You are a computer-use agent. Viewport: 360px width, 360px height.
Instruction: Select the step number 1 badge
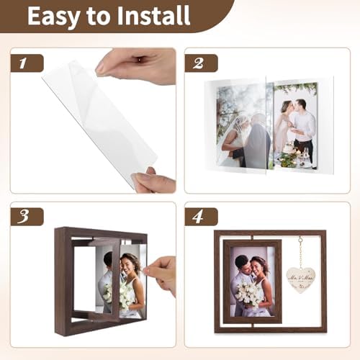pyautogui.click(x=23, y=63)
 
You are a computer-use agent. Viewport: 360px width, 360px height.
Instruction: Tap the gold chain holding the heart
pyautogui.click(x=300, y=251)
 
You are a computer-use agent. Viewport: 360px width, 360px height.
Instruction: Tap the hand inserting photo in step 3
pyautogui.click(x=163, y=273)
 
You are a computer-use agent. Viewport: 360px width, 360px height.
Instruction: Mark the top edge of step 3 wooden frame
pyautogui.click(x=101, y=232)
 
